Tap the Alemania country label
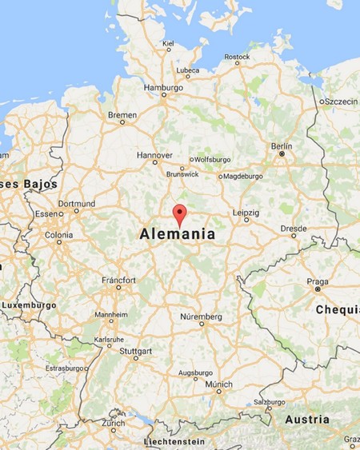coord(177,235)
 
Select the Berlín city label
coord(282,146)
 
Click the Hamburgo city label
coord(163,87)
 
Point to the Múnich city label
coord(218,384)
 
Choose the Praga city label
coord(318,282)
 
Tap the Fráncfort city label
coord(118,280)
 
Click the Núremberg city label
coord(201,317)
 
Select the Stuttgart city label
coord(134,351)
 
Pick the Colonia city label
coord(58,235)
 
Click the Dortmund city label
coord(77,203)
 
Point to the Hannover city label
coord(154,154)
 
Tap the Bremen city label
coord(122,115)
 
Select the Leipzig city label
coord(246,213)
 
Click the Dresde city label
coord(294,229)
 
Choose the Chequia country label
coord(337,309)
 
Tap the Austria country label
coord(307,420)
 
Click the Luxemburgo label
coord(29,305)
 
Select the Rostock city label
coord(237,57)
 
